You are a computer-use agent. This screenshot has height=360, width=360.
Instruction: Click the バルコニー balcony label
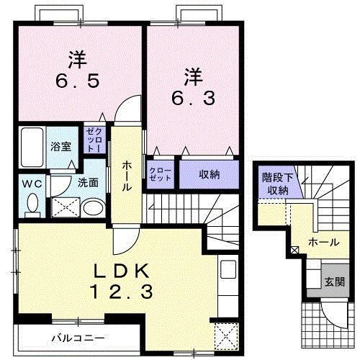pos(78,337)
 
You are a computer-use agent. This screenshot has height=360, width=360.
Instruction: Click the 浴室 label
pos(60,147)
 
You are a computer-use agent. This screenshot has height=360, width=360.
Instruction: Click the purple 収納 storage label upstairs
pos(209,174)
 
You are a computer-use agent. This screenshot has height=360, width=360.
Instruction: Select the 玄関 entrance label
pos(333,281)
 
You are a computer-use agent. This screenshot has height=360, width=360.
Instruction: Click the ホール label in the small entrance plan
pos(321,243)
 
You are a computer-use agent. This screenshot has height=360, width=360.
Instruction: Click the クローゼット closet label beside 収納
pos(160,174)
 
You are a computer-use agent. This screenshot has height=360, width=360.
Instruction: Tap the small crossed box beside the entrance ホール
pos(294,250)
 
